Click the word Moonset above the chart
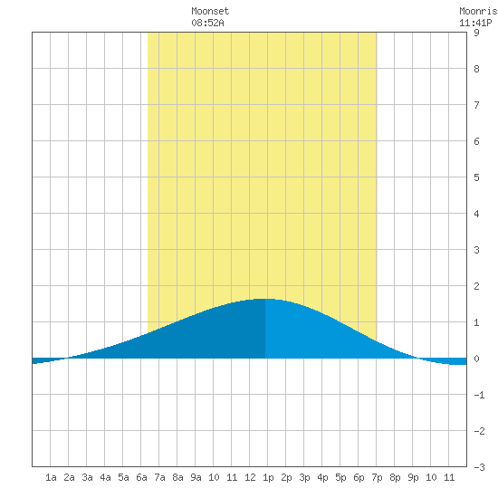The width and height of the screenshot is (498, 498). [x=210, y=11]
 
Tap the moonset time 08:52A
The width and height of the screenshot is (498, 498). [x=207, y=23]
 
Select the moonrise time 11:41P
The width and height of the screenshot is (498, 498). [x=475, y=23]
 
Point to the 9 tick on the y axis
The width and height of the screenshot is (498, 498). [x=476, y=33]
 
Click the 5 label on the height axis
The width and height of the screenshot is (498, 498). [x=476, y=177]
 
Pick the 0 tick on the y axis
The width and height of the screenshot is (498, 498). [x=476, y=359]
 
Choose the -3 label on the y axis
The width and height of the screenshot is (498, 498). [x=479, y=467]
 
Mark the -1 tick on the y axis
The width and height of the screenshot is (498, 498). [x=479, y=395]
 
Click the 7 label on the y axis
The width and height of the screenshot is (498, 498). [x=476, y=105]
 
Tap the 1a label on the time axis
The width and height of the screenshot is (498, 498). [x=51, y=477]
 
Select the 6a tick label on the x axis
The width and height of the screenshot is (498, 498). [x=141, y=477]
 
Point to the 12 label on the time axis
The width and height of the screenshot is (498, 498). [x=250, y=477]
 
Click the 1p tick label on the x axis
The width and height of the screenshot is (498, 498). [x=268, y=478]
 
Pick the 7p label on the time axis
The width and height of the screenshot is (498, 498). [x=377, y=478]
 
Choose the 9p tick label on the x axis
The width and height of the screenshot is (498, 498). [x=413, y=478]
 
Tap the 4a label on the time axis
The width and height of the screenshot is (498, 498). [x=105, y=477]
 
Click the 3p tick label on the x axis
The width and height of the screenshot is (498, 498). [x=304, y=478]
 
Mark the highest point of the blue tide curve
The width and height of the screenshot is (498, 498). [x=265, y=299]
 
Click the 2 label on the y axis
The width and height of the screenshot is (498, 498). [x=476, y=286]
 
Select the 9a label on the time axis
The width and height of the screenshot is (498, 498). [x=196, y=477]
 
